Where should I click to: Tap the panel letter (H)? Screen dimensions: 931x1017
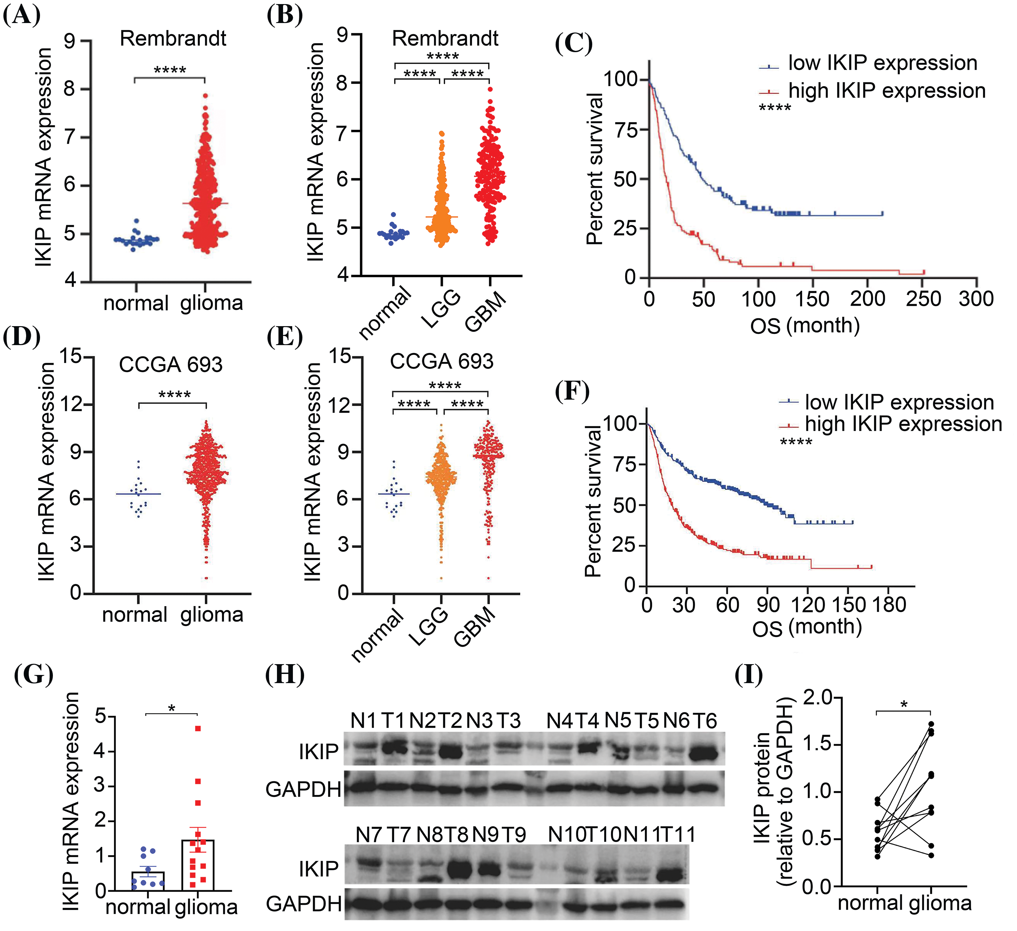(x=285, y=674)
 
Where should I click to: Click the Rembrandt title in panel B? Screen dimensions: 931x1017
(x=445, y=38)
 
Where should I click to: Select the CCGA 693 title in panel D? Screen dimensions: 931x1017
(x=171, y=364)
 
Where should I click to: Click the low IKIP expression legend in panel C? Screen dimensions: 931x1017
(x=882, y=63)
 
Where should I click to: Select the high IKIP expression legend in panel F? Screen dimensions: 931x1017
(x=903, y=424)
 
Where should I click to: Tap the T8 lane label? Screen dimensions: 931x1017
(x=456, y=835)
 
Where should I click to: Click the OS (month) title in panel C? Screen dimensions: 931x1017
(x=805, y=325)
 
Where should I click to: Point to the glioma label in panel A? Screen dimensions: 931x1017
(x=212, y=303)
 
